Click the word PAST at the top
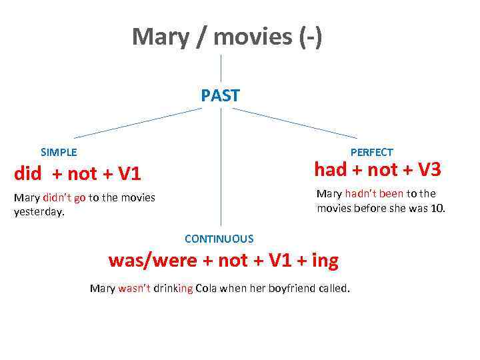(x=220, y=96)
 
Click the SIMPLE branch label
(x=59, y=152)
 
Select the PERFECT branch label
(x=371, y=152)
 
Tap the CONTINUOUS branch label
(x=219, y=239)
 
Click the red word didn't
(x=57, y=197)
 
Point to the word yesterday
(x=38, y=212)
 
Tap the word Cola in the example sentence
(x=208, y=288)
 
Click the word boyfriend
(x=291, y=288)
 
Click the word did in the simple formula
(x=28, y=175)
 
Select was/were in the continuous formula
(x=153, y=260)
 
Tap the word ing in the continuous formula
(x=325, y=260)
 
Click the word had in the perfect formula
(x=330, y=171)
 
